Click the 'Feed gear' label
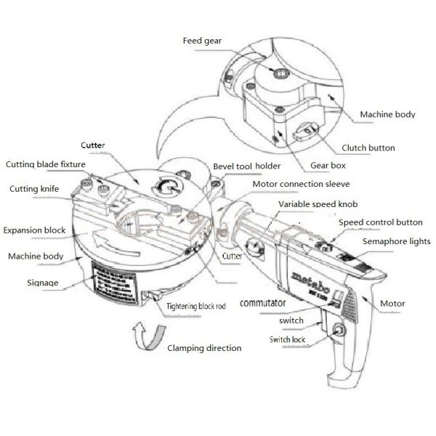coord(201,41)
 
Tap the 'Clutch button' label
coord(368,148)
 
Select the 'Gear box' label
coord(327,166)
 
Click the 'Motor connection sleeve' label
coord(298,185)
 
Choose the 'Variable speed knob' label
coord(319,204)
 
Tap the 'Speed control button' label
coord(381,222)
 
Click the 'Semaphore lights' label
coord(398,241)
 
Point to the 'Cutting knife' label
coord(34,189)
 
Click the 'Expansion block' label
coord(34,230)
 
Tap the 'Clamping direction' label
coord(204,348)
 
